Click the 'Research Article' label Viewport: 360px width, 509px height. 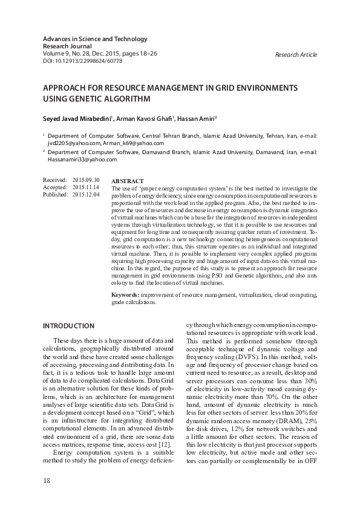click(x=295, y=55)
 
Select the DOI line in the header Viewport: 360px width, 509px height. click(x=82, y=61)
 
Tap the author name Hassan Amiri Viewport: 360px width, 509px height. click(x=201, y=118)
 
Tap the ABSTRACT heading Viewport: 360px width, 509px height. click(x=128, y=181)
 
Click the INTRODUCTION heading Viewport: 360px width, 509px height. click(x=68, y=326)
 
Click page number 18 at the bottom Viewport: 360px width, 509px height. click(x=47, y=481)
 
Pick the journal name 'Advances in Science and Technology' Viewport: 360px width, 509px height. click(x=94, y=39)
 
